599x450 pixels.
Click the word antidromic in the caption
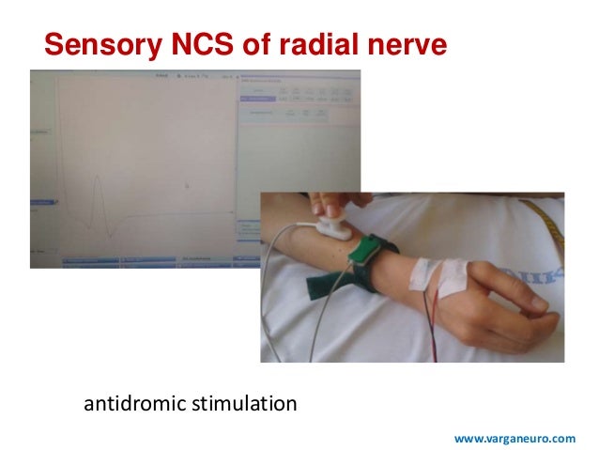point(133,406)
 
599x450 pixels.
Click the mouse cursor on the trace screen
point(186,185)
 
